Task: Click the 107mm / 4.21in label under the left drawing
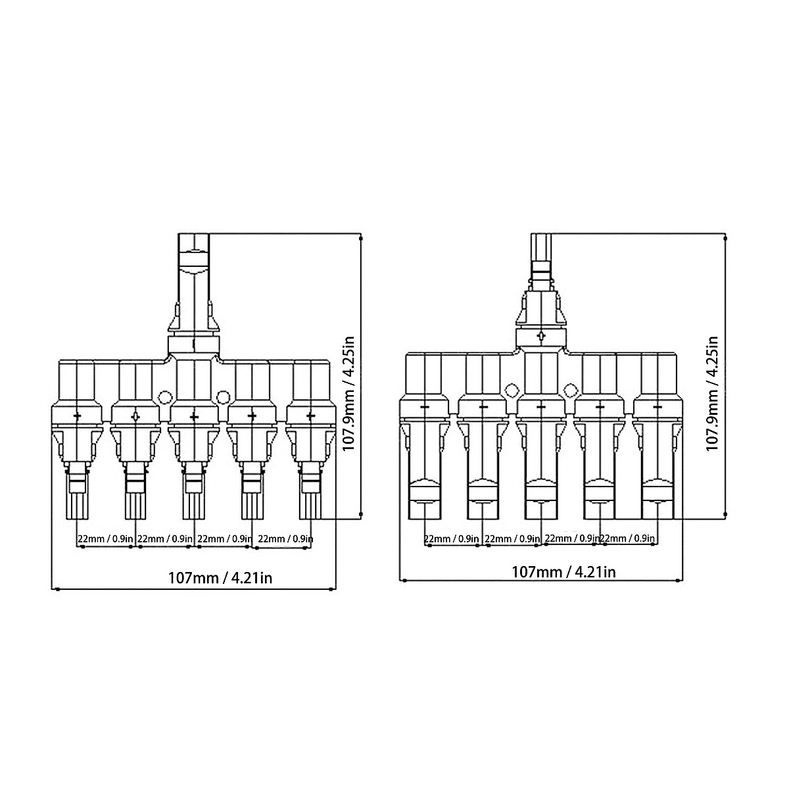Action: [220, 578]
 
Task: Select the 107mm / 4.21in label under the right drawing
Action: [563, 571]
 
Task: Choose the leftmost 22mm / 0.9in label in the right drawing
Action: [452, 539]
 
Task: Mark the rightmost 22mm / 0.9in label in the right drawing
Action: [628, 539]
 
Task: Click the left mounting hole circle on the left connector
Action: [164, 397]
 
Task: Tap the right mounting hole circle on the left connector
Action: [222, 397]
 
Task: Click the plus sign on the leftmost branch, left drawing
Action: [78, 416]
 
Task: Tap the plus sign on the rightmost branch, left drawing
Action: [310, 416]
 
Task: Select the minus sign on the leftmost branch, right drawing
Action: [424, 408]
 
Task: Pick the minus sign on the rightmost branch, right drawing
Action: [657, 408]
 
